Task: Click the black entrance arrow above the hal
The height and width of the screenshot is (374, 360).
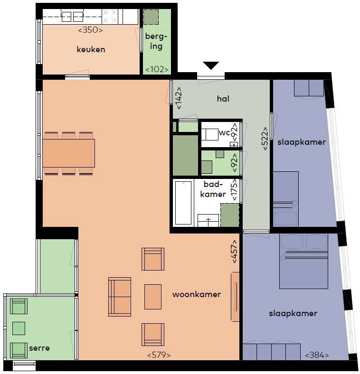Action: point(210,65)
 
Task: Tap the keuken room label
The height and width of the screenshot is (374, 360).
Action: point(91,50)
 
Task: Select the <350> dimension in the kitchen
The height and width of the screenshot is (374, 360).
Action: point(90,30)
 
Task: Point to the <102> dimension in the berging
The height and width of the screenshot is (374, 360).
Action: point(157,69)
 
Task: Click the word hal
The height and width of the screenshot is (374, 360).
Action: point(223,99)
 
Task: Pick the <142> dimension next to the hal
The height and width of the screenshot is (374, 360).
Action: point(178,98)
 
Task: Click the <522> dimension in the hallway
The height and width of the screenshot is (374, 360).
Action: point(265,138)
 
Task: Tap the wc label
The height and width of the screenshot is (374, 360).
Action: point(224,132)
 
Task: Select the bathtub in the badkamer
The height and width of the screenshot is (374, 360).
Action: point(183,203)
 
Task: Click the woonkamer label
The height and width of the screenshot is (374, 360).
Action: point(197,294)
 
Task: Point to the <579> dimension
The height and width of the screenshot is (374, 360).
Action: point(159,355)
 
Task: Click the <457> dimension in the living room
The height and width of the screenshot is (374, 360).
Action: point(235,252)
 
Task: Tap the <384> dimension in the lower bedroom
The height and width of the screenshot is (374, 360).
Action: point(317,355)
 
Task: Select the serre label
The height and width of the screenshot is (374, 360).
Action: point(39,348)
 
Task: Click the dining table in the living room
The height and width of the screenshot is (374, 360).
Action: point(69,153)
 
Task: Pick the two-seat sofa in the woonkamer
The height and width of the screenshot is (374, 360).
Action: point(120,297)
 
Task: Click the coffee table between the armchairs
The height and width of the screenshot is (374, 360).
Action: point(153,297)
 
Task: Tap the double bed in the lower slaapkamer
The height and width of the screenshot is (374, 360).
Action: point(303,262)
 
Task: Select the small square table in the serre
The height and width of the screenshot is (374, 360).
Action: point(19,328)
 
